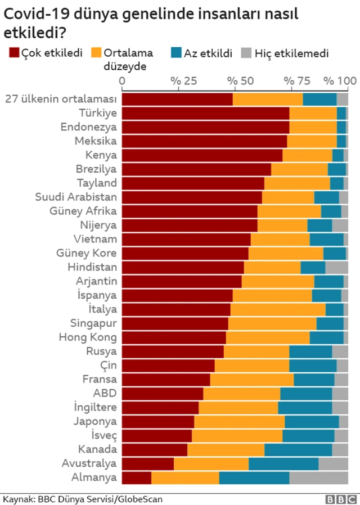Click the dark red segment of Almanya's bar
[x=137, y=477]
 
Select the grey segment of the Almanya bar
[x=318, y=477]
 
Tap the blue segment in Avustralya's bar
[x=283, y=463]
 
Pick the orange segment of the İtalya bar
[x=278, y=309]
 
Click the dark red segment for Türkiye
[x=205, y=112]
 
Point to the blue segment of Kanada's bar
[x=298, y=449]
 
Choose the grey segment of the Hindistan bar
[x=336, y=267]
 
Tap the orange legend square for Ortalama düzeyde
[x=96, y=53]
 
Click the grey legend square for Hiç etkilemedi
[x=245, y=53]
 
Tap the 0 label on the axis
[x=123, y=82]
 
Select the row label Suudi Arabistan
[x=76, y=197]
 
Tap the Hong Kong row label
[x=88, y=337]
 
